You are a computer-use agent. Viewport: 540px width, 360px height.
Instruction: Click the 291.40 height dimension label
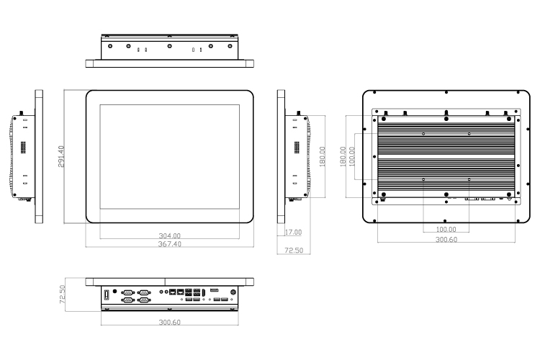pos(61,156)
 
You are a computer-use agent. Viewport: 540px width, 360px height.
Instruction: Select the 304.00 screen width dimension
pos(169,235)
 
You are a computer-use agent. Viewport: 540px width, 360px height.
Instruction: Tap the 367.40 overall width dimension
pos(169,244)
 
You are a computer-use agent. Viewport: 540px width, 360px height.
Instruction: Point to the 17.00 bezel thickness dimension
pos(293,232)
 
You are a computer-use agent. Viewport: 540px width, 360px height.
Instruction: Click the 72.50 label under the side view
pos(294,250)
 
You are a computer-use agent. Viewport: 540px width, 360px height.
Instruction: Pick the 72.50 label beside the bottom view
pos(63,294)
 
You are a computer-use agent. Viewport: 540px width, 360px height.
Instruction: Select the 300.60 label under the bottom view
pos(169,322)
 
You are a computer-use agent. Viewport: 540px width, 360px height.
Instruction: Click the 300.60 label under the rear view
pos(446,240)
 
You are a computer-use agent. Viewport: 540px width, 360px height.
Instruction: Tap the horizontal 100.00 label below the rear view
pos(446,229)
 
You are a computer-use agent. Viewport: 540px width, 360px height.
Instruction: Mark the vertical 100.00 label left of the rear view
pos(351,156)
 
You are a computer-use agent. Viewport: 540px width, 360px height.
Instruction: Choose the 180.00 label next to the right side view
pos(323,156)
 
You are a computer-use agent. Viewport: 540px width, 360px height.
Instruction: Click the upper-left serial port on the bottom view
pos(127,292)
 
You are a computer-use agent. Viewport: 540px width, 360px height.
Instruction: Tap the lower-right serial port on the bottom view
pos(143,300)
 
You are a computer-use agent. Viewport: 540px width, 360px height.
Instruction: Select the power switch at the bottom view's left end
pos(107,295)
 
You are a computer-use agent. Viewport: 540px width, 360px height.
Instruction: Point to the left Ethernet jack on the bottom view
pos(173,292)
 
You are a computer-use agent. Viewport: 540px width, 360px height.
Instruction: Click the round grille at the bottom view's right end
pos(233,292)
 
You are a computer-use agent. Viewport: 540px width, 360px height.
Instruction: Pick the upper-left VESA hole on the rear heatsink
pos(423,134)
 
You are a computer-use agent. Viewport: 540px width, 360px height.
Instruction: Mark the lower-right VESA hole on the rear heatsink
pos(469,179)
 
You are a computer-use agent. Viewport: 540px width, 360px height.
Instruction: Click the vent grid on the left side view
pos(24,148)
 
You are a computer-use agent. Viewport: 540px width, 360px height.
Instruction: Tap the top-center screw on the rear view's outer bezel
pos(446,92)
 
